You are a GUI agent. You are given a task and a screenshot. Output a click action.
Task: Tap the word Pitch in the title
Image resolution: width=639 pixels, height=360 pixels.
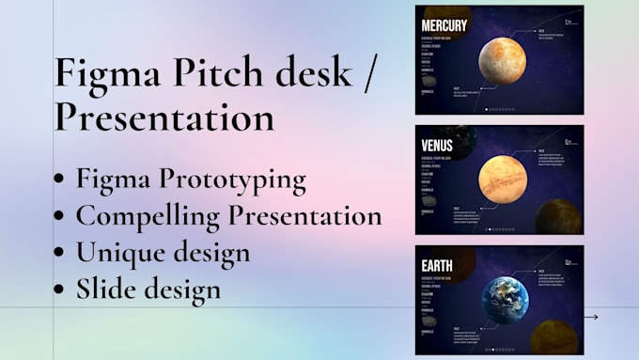click(207, 73)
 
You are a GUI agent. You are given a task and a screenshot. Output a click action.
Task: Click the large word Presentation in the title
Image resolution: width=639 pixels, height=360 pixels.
click(164, 117)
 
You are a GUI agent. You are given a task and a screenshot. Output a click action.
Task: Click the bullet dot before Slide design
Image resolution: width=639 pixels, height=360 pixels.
click(61, 290)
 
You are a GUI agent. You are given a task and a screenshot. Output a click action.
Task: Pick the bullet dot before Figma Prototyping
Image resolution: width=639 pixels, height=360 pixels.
click(61, 180)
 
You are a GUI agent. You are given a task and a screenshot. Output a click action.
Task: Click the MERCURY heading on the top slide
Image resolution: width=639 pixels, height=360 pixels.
click(444, 25)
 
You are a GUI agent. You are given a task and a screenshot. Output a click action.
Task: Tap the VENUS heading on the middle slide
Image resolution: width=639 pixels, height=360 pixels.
click(437, 146)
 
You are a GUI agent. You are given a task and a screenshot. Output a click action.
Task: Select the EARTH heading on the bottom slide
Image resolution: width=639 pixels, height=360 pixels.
click(437, 266)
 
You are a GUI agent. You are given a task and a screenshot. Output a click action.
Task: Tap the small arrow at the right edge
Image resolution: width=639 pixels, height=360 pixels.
click(590, 318)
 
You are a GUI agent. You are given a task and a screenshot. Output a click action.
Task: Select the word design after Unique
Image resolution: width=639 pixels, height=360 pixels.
click(210, 252)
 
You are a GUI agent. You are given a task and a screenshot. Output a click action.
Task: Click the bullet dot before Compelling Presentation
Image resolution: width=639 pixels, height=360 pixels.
click(61, 216)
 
